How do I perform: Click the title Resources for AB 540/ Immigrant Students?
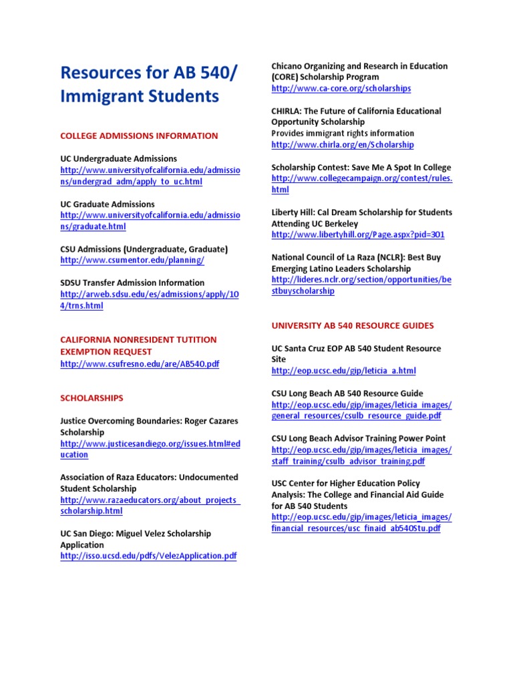point(140,84)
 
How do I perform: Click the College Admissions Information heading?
point(139,136)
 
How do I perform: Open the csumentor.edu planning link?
point(132,260)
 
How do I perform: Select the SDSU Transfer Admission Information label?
point(132,283)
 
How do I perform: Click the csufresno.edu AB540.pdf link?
point(140,363)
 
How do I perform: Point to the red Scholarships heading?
point(92,397)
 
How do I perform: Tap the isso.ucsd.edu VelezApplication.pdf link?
point(148,556)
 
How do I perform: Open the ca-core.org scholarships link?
point(341,88)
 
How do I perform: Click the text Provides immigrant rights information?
point(343,133)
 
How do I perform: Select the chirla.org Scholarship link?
point(342,144)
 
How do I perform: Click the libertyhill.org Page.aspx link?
point(357,234)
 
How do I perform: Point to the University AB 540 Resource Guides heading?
point(352,325)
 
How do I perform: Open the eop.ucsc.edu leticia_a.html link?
point(343,370)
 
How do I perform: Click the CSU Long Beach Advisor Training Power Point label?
point(358,438)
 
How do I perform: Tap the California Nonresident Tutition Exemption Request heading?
point(138,345)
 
